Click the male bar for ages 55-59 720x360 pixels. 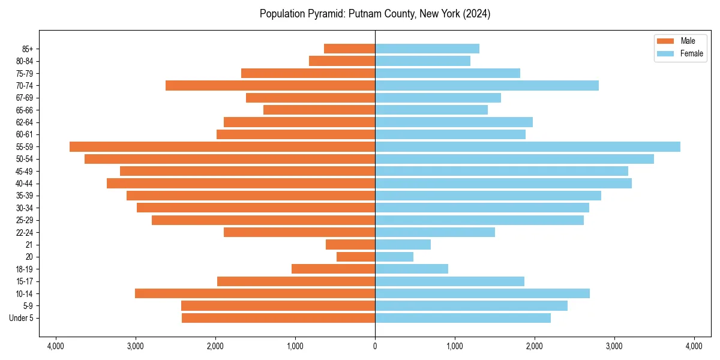[222, 147]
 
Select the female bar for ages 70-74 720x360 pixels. [487, 86]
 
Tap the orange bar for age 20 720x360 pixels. [356, 257]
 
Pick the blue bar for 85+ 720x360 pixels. [427, 49]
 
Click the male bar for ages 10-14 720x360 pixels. [255, 293]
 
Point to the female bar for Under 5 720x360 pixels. [463, 318]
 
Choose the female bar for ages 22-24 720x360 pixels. [435, 232]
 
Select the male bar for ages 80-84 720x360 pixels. [342, 61]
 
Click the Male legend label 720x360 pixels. [688, 41]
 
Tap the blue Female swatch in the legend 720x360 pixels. [665, 53]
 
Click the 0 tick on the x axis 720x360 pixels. [375, 346]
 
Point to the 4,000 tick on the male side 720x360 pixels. [56, 346]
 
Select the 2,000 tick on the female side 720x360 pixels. [535, 346]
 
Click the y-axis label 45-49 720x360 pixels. [25, 172]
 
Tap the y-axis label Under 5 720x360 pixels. [21, 318]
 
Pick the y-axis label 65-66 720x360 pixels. [25, 110]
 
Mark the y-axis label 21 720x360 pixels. [29, 245]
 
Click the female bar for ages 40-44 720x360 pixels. [503, 184]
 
